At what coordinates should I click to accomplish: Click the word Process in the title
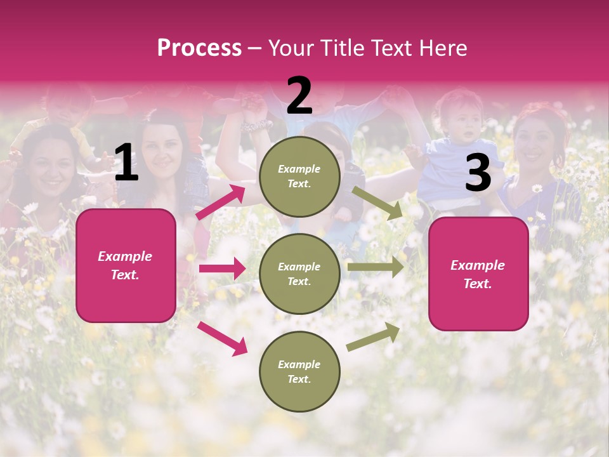tap(199, 48)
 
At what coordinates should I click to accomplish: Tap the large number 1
tap(126, 163)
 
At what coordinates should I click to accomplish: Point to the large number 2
tap(299, 96)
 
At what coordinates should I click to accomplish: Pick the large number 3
tap(478, 173)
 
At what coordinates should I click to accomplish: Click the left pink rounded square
tap(126, 265)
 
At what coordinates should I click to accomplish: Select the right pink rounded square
tap(478, 274)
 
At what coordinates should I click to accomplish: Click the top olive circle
tap(299, 176)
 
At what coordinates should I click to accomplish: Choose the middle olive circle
tap(299, 274)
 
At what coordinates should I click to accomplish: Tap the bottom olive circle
tap(299, 372)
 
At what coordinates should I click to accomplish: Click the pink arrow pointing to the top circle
tap(221, 202)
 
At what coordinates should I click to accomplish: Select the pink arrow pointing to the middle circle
tap(222, 268)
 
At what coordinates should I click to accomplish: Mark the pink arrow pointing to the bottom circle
tap(222, 338)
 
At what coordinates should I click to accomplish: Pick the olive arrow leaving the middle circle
tap(376, 267)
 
